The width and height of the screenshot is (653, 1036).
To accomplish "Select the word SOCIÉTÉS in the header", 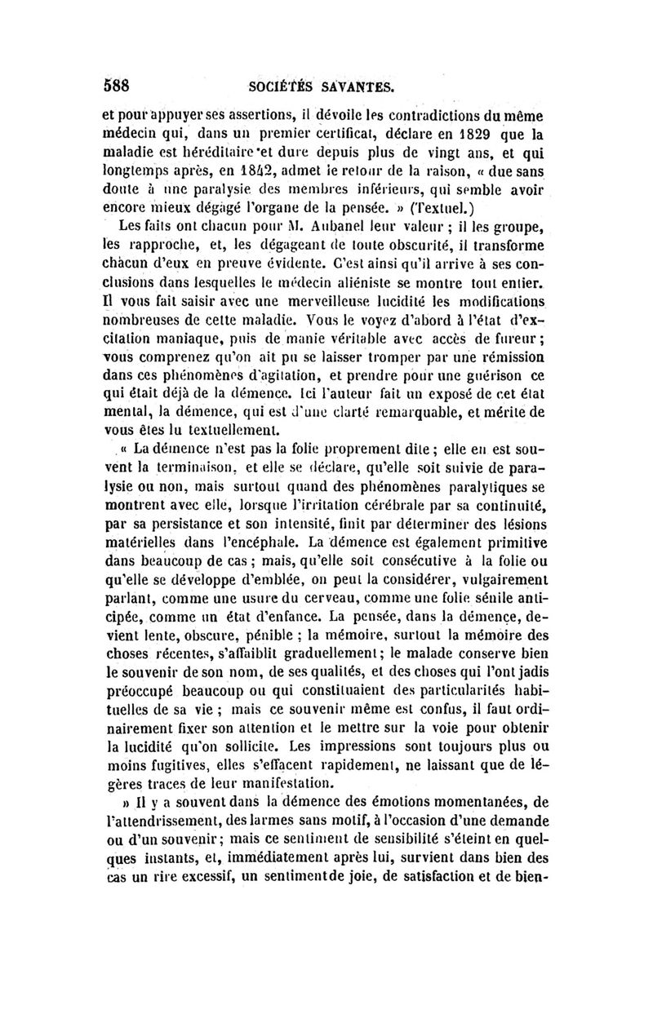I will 282,85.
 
